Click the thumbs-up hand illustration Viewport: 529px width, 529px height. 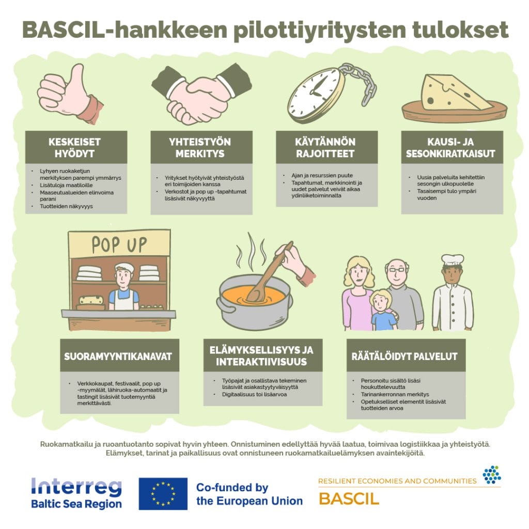[69, 95]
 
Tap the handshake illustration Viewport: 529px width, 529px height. [201, 94]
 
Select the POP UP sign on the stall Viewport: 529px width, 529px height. [119, 244]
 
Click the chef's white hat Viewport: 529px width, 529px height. [453, 260]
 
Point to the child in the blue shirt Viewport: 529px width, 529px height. [383, 310]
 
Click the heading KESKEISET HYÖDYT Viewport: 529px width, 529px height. [74, 147]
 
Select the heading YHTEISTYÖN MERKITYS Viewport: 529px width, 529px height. [200, 147]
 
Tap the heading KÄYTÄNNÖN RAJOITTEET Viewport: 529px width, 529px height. [325, 147]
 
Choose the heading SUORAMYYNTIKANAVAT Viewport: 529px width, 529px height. [118, 356]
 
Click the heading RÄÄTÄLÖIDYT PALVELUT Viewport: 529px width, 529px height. [404, 356]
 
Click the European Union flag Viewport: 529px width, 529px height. [163, 493]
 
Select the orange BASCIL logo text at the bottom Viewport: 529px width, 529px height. [349, 499]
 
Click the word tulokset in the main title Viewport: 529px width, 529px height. [460, 29]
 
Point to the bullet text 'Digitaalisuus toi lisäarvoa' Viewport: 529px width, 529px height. [254, 394]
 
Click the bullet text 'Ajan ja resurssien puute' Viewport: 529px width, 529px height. [322, 176]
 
